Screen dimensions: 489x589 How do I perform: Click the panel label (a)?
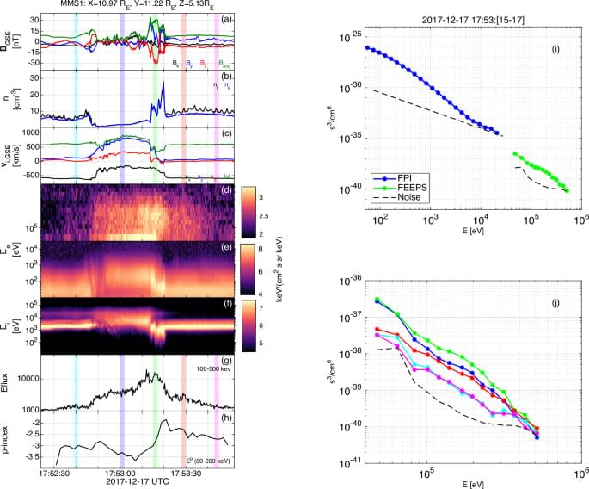(226, 18)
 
